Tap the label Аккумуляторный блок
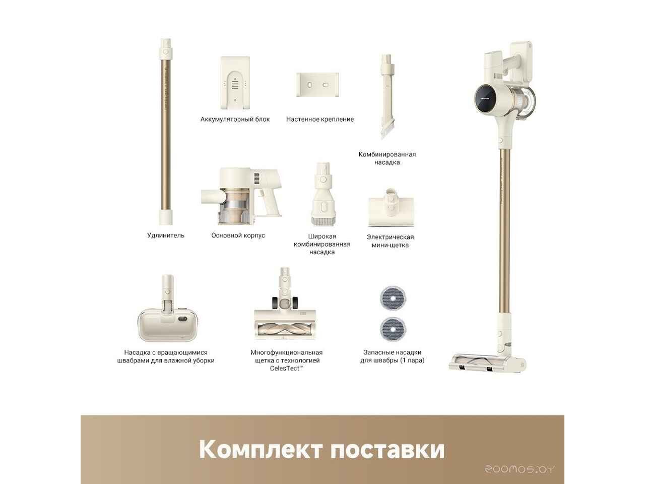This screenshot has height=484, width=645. point(235,119)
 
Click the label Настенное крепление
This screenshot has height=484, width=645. point(320,119)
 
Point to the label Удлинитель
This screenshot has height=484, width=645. point(166,235)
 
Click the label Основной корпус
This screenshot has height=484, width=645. point(238,235)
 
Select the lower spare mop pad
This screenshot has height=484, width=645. point(393,328)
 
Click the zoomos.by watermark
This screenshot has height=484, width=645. point(520,469)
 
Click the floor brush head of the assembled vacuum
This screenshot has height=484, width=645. point(486,362)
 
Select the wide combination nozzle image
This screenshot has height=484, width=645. point(322,194)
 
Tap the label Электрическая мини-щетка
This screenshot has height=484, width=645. point(390,241)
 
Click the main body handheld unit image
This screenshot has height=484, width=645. point(241,196)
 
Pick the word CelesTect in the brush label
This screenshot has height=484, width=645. point(286,369)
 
